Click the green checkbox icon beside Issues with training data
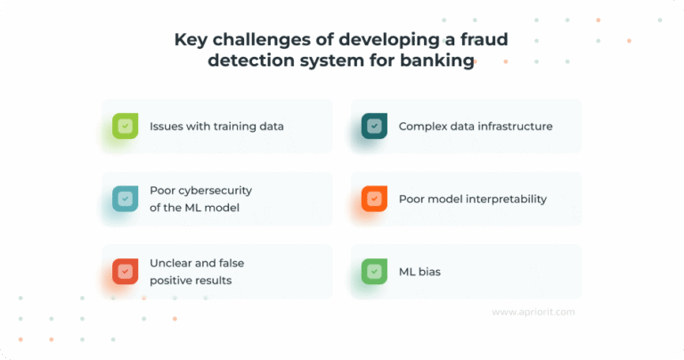(125, 127)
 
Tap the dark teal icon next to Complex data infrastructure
(374, 127)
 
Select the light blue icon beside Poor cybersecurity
(125, 200)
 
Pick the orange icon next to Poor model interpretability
(374, 200)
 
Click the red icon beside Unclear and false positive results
(125, 272)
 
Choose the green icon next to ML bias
(374, 272)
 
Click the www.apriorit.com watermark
(533, 312)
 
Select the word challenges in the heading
(258, 39)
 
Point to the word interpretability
(504, 200)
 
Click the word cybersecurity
(216, 191)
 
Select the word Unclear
(172, 264)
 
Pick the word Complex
(421, 127)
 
